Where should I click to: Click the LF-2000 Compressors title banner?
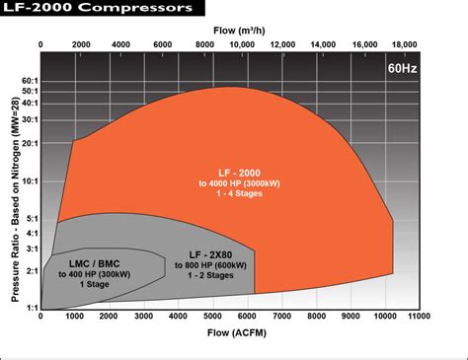tap(103, 8)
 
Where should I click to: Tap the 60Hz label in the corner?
tap(402, 68)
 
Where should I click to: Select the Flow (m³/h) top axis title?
tap(239, 31)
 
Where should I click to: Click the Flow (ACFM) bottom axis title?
tap(237, 332)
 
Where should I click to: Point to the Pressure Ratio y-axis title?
tap(16, 200)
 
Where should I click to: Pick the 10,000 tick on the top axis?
tap(242, 44)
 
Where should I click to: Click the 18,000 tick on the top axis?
tap(404, 44)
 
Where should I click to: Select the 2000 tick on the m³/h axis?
tap(81, 44)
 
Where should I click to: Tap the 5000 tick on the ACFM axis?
tap(212, 316)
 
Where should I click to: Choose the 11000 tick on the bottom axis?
tap(419, 316)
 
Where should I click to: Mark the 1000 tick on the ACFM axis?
tap(74, 316)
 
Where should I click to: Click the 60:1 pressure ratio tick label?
tap(31, 81)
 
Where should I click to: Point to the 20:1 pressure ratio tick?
tap(31, 143)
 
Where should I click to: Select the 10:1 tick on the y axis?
tap(31, 181)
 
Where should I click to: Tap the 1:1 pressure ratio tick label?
tap(33, 308)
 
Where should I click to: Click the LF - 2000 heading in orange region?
tap(239, 173)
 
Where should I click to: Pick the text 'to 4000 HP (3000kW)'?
tap(239, 183)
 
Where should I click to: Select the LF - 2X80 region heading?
tap(210, 254)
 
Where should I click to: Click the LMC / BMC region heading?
tap(95, 263)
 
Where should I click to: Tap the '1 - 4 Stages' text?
tap(239, 193)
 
